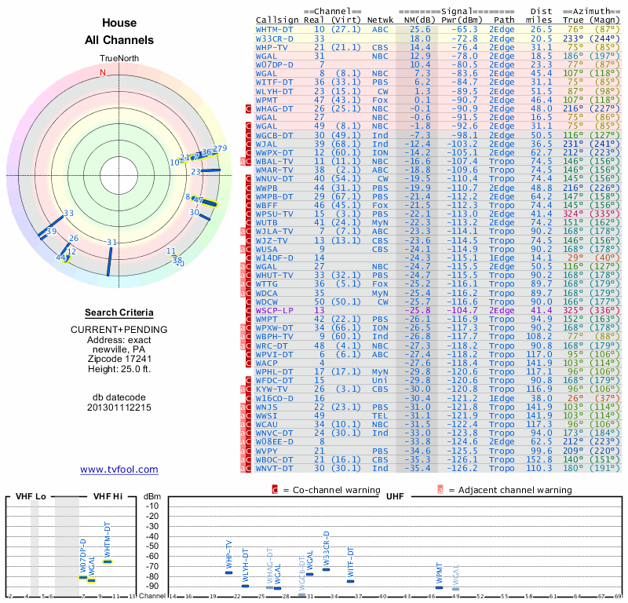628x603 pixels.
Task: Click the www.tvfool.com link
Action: (x=119, y=470)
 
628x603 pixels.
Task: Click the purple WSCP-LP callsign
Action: (x=275, y=311)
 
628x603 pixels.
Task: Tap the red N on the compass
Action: (x=102, y=73)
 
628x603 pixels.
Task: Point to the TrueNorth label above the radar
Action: (x=119, y=59)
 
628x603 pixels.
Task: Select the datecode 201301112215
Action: (x=119, y=407)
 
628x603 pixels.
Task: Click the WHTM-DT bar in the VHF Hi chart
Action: (x=108, y=561)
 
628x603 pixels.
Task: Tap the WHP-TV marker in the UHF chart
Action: (x=228, y=572)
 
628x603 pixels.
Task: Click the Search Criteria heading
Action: (x=119, y=312)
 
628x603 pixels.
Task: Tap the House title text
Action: (x=119, y=23)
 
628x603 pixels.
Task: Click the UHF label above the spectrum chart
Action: (x=395, y=497)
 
